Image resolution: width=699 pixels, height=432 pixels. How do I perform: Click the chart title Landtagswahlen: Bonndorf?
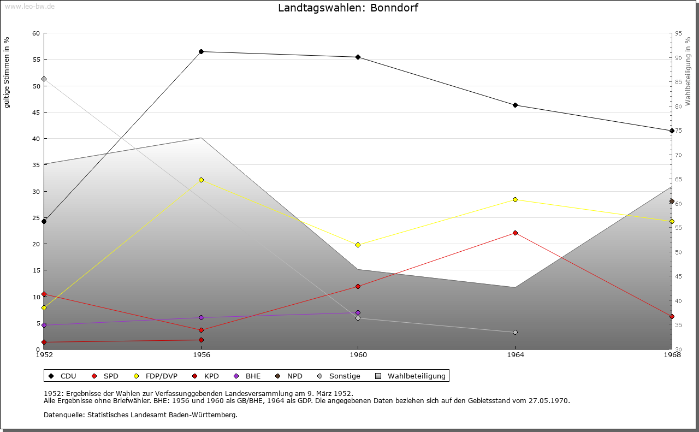(348, 8)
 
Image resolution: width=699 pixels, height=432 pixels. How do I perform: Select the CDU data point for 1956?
(201, 51)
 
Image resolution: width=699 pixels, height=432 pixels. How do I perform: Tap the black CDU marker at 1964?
(515, 105)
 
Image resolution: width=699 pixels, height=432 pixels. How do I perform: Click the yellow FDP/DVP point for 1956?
(201, 180)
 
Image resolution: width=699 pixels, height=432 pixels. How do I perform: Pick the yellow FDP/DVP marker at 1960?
(358, 245)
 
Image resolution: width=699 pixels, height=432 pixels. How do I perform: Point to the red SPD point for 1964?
(515, 233)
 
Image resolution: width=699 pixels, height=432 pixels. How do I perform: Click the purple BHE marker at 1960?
(358, 312)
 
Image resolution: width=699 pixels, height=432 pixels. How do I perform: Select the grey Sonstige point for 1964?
(515, 332)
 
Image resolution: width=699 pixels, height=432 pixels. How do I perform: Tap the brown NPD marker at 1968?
(672, 201)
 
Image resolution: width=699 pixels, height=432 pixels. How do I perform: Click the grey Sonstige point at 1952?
(44, 79)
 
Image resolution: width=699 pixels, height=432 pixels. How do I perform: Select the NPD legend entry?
(294, 376)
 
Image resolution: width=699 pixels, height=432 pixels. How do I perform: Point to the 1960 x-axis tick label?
(358, 355)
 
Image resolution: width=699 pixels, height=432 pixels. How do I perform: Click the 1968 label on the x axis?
(672, 355)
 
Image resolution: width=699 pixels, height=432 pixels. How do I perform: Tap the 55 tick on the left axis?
(36, 60)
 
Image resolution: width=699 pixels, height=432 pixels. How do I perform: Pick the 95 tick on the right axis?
(678, 33)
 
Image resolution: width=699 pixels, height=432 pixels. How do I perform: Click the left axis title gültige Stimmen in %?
(7, 72)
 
